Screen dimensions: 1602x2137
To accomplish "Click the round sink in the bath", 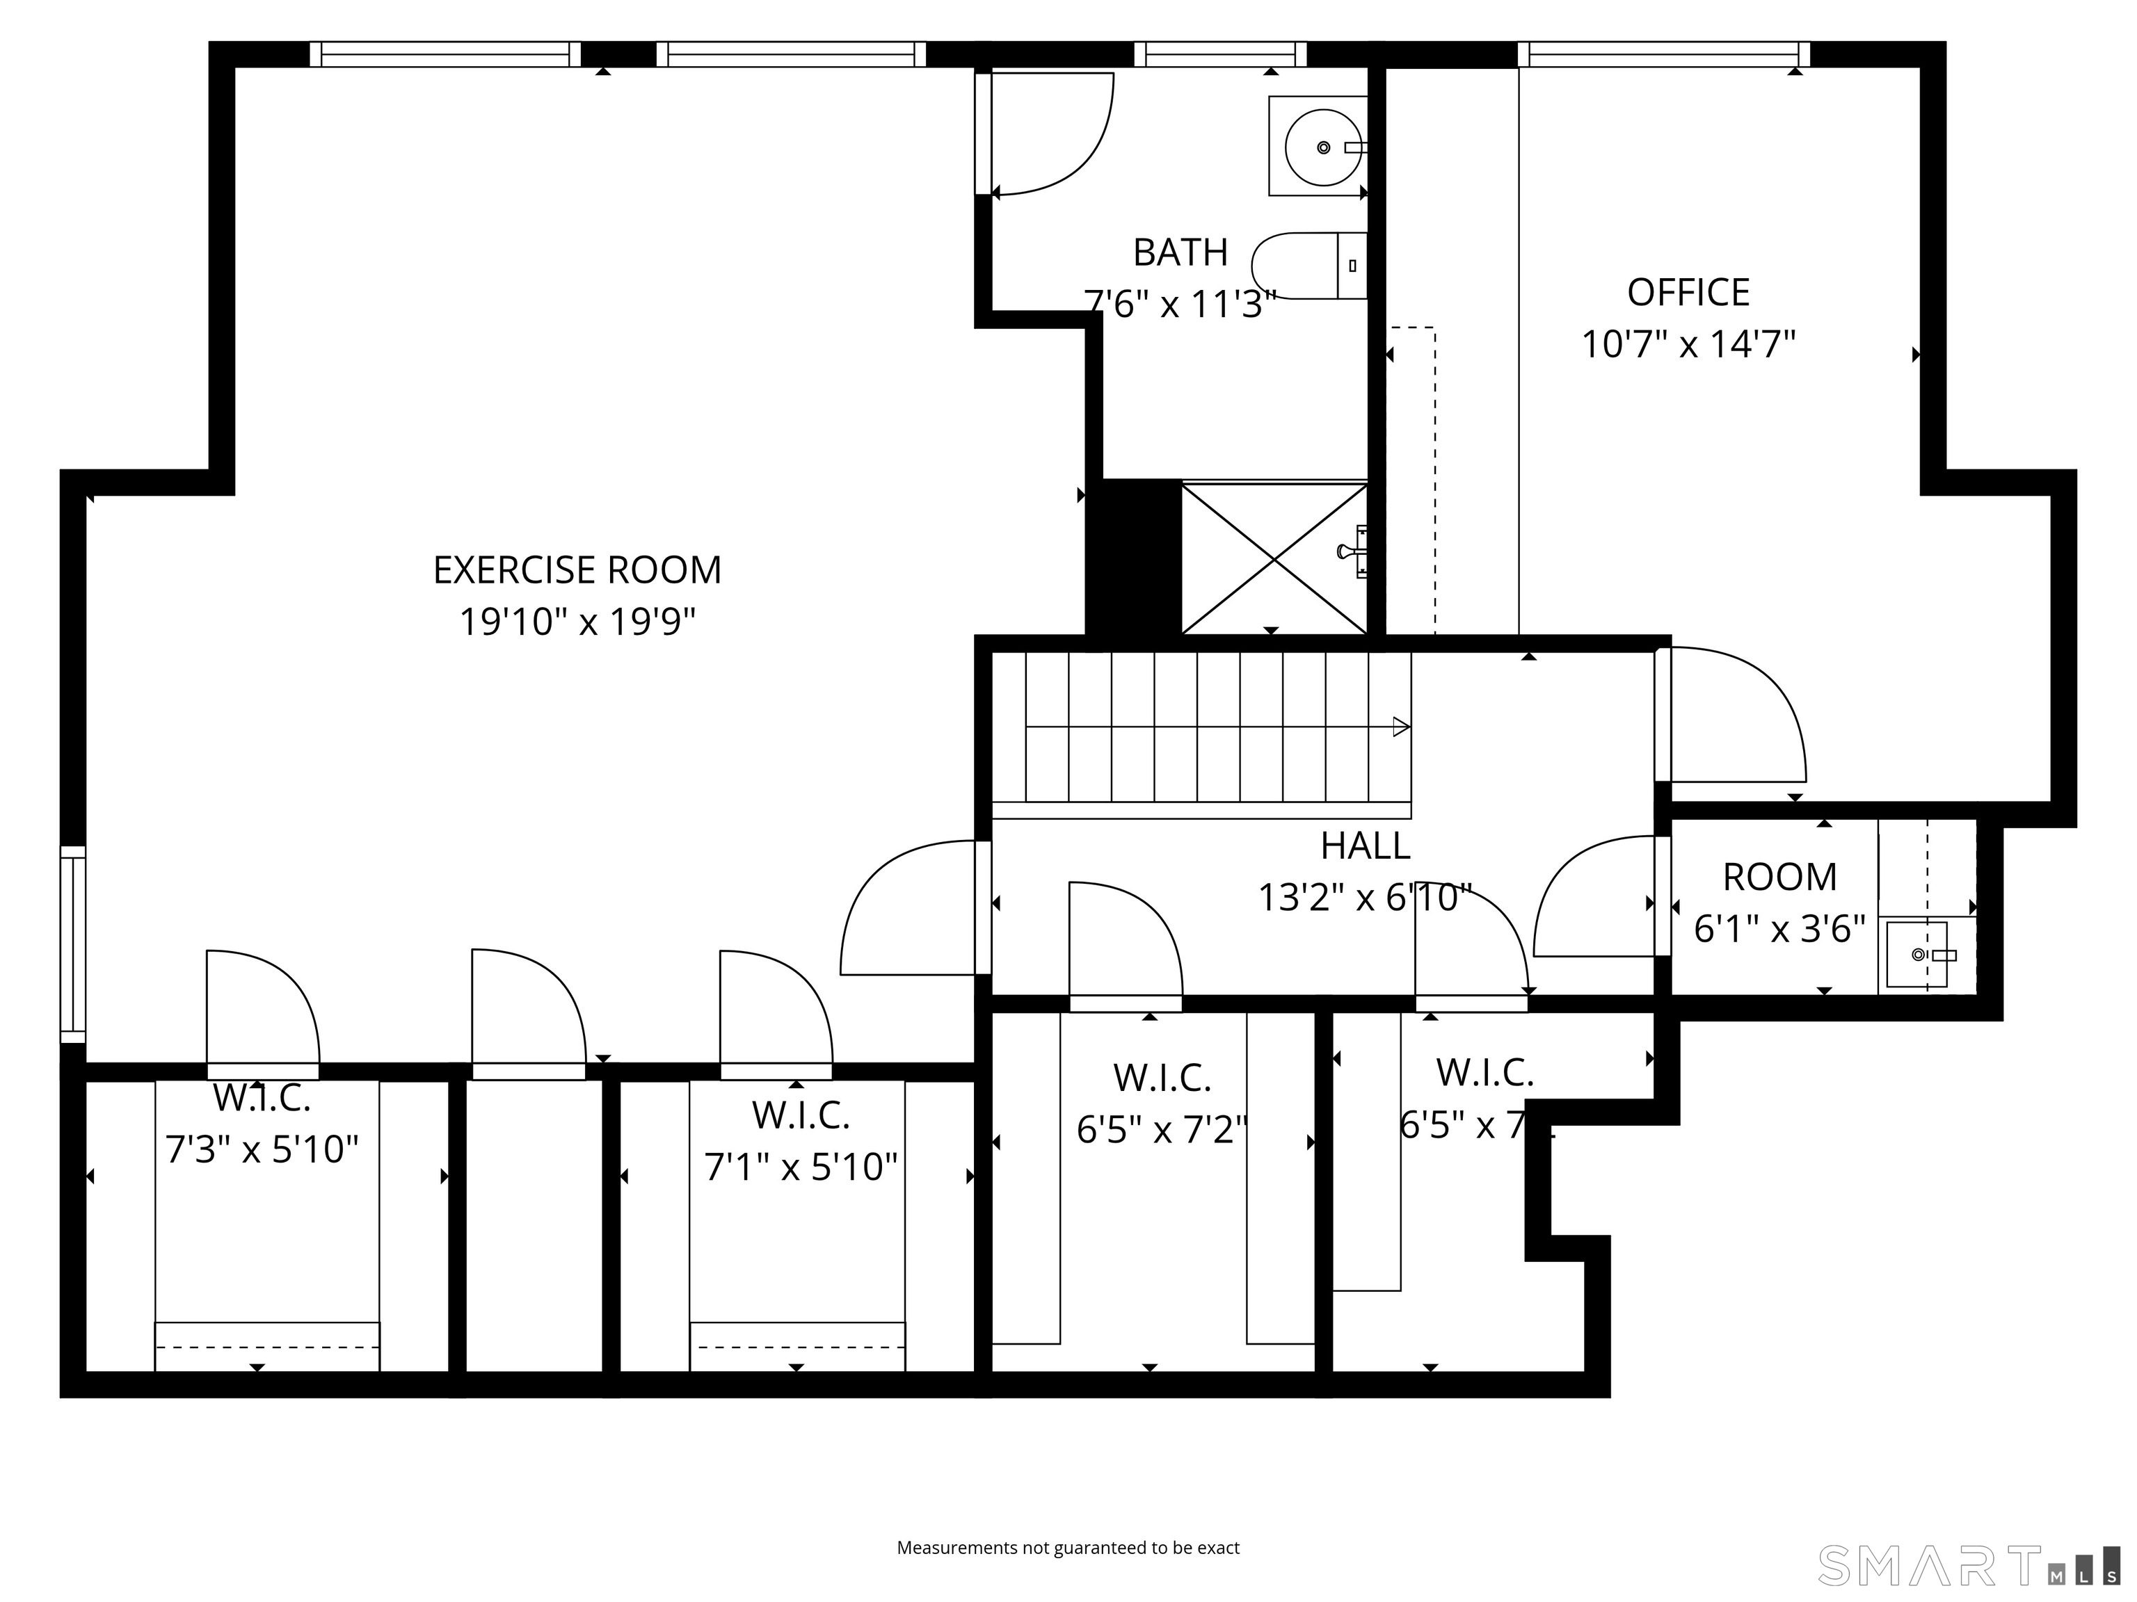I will pos(1320,147).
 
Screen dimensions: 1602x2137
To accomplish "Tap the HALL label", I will pos(1364,846).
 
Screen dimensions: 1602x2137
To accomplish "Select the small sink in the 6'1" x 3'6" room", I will pos(1916,954).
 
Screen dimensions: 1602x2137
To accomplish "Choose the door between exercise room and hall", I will pos(908,907).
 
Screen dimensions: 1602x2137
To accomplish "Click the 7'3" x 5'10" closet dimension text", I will pos(262,1150).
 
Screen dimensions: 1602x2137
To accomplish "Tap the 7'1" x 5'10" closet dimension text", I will pos(801,1167).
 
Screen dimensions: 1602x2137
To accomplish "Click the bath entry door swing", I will pos(1051,133).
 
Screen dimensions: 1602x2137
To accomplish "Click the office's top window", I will pos(1663,54).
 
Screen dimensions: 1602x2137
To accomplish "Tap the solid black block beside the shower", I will pos(1133,557).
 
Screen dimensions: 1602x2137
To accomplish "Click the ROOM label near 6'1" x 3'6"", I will pos(1779,877).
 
